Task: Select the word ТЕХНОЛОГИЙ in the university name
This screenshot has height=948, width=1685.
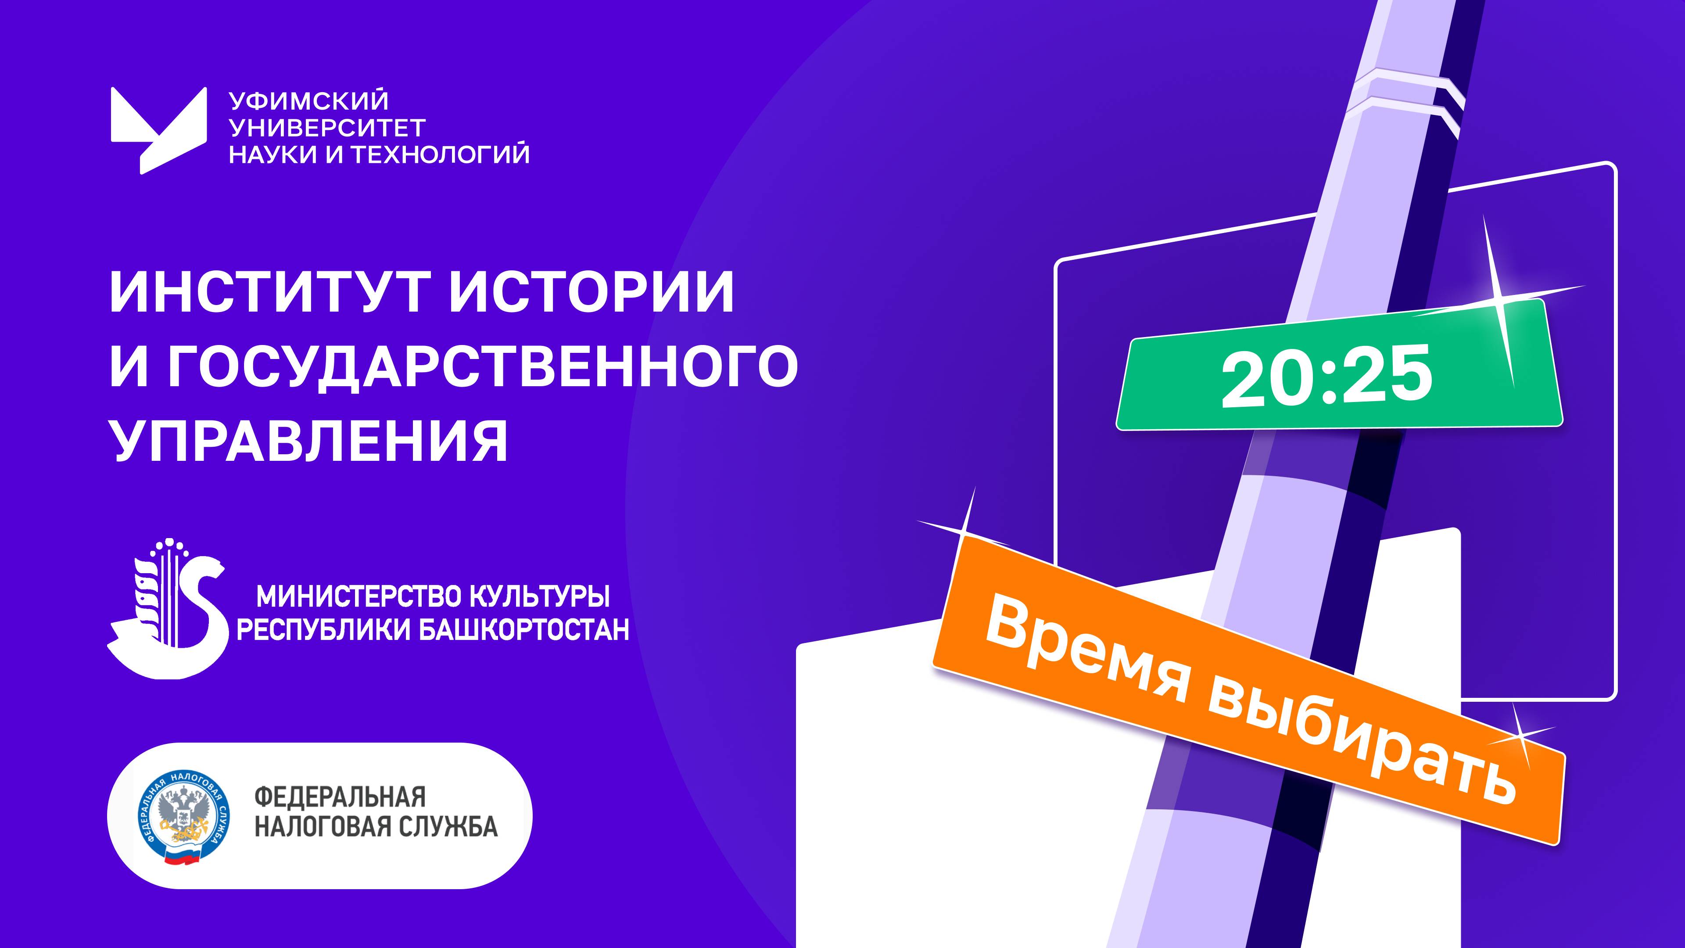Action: pos(440,154)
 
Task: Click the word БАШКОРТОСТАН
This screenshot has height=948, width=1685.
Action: pos(523,630)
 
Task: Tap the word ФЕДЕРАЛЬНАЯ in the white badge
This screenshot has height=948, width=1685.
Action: pos(340,797)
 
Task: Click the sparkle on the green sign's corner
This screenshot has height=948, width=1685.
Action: pos(1498,308)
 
